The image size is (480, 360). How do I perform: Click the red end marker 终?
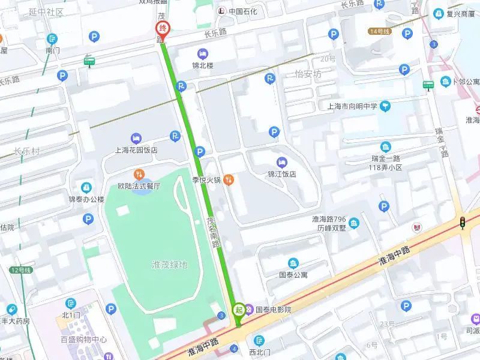point(162,29)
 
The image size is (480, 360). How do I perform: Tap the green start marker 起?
point(238,310)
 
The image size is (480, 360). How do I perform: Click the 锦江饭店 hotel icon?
point(282,162)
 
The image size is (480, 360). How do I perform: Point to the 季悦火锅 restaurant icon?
point(228,179)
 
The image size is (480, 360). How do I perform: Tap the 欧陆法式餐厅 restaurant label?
point(139,186)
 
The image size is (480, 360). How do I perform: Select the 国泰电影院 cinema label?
point(273,310)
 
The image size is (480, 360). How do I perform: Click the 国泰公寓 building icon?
point(293,263)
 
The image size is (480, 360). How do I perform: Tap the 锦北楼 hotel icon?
point(202,54)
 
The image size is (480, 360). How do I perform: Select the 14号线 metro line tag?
point(379,31)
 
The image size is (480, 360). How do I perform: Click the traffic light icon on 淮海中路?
point(463,223)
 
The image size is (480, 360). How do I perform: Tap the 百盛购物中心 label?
point(83,340)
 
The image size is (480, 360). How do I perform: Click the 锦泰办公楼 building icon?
point(86,187)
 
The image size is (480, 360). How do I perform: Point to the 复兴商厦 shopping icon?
point(439,13)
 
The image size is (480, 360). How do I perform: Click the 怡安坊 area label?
point(308,74)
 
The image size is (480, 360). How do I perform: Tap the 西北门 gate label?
point(260,352)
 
